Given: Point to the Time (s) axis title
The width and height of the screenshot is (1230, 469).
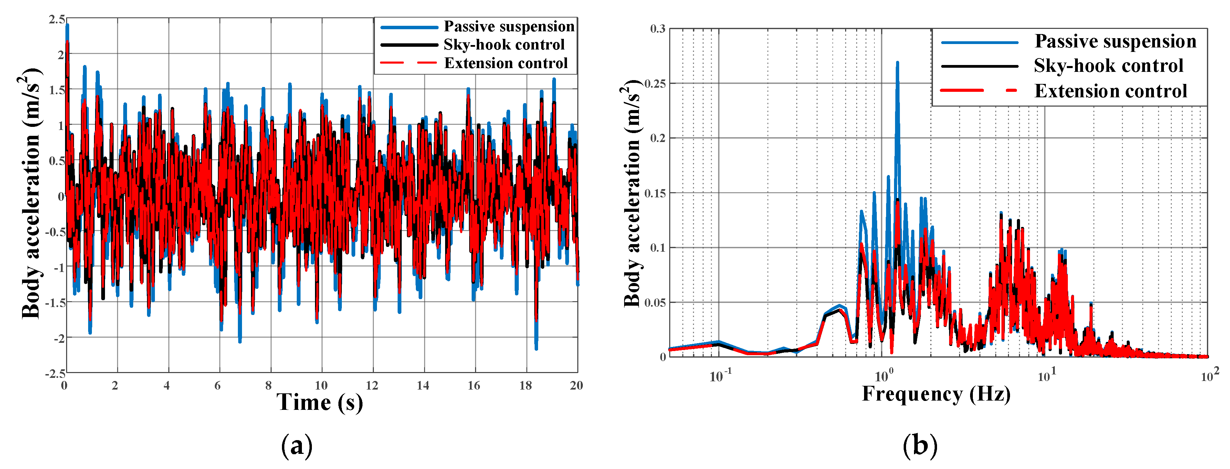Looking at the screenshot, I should tap(319, 402).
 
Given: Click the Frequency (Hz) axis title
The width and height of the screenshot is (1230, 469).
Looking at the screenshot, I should tap(936, 394).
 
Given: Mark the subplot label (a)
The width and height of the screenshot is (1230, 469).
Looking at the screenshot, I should tap(296, 446).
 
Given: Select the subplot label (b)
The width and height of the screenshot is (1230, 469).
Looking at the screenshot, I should tap(919, 446).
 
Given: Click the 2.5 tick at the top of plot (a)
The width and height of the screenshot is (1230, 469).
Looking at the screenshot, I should tap(56, 20).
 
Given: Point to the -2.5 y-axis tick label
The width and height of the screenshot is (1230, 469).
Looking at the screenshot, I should tap(55, 373).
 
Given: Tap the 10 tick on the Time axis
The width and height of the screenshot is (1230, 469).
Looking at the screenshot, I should tap(321, 385).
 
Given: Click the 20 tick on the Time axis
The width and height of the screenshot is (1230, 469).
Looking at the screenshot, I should tap(576, 385).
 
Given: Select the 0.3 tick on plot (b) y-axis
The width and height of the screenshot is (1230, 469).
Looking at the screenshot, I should tap(658, 29).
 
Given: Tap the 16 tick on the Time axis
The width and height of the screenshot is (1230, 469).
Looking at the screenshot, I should tap(474, 385).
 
